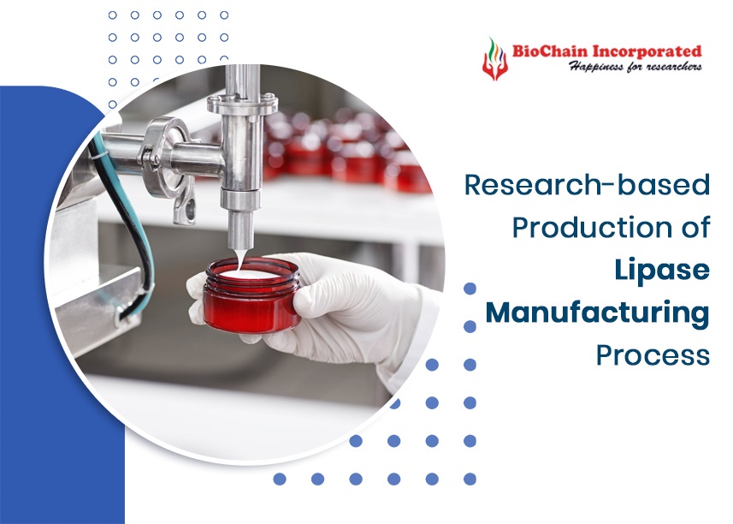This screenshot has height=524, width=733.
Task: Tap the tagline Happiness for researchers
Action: click(635, 66)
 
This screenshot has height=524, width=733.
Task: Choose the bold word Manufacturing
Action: click(597, 313)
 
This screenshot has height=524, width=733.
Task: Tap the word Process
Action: click(653, 354)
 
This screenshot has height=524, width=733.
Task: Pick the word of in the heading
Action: click(692, 227)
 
